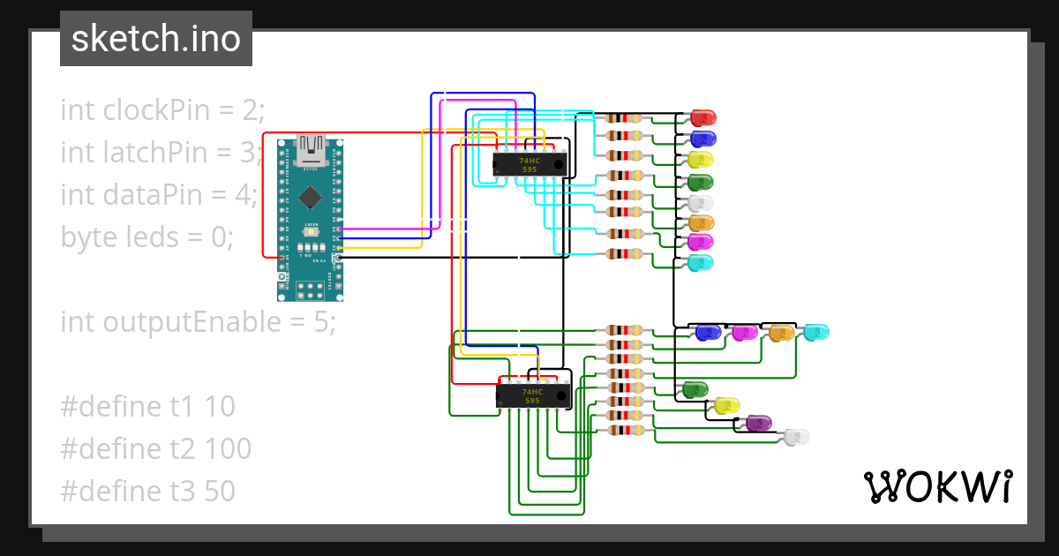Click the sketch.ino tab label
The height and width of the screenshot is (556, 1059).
pos(155,39)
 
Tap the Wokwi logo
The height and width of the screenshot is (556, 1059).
pos(936,486)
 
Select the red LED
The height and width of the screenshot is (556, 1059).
pos(703,117)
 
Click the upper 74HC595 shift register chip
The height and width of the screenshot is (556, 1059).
pos(529,165)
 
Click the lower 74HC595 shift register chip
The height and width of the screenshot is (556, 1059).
pos(532,396)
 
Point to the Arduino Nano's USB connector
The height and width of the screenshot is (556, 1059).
pos(310,150)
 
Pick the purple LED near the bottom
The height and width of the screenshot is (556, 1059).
pos(758,423)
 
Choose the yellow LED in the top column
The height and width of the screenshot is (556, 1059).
pos(700,160)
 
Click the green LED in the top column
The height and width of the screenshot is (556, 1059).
pos(700,182)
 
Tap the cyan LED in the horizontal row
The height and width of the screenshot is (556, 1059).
pos(815,333)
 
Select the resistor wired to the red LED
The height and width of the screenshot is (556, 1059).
pos(625,117)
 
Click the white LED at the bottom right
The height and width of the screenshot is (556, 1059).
pos(796,437)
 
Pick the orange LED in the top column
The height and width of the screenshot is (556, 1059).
pos(700,222)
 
